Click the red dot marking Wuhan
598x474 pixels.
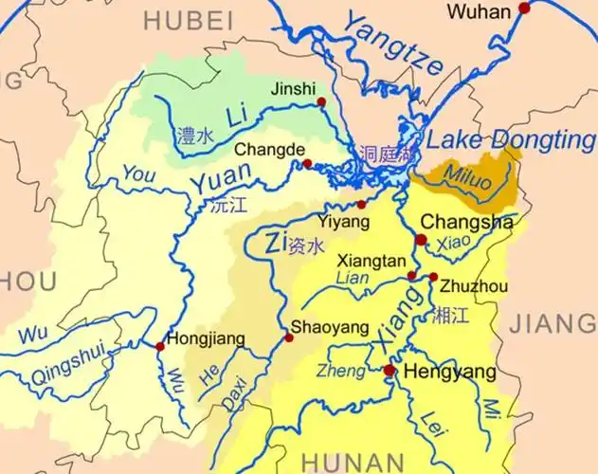pyautogui.click(x=524, y=9)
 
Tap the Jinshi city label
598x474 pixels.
pyautogui.click(x=293, y=88)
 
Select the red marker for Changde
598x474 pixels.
pyautogui.click(x=307, y=164)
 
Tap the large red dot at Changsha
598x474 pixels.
pyautogui.click(x=421, y=240)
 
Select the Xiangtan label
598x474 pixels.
pyautogui.click(x=371, y=259)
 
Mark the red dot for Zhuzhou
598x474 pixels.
pyautogui.click(x=433, y=277)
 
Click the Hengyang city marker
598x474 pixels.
pyautogui.click(x=389, y=370)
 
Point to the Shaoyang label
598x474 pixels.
pyautogui.click(x=330, y=327)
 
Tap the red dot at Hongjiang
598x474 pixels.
pyautogui.click(x=160, y=347)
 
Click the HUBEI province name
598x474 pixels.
pyautogui.click(x=189, y=20)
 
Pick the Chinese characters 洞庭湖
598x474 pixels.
pyautogui.click(x=385, y=153)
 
